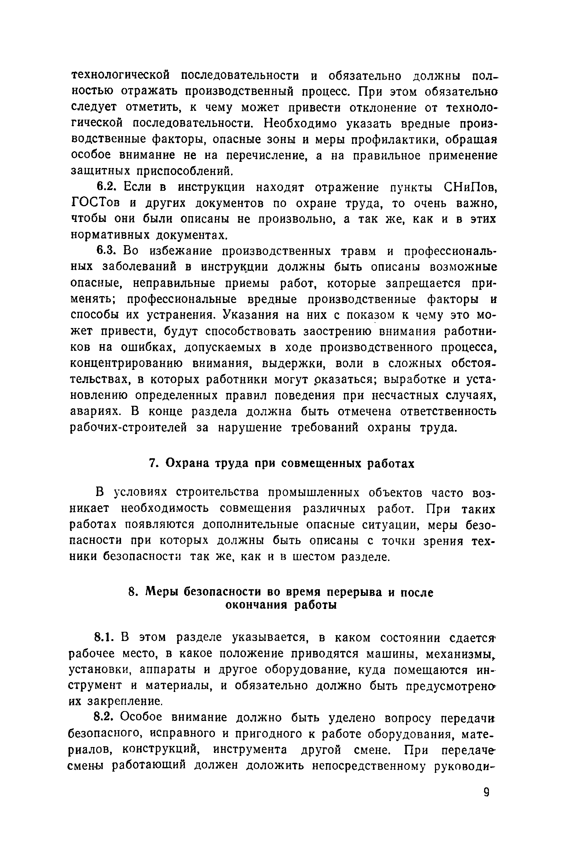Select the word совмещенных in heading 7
[322, 463]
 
